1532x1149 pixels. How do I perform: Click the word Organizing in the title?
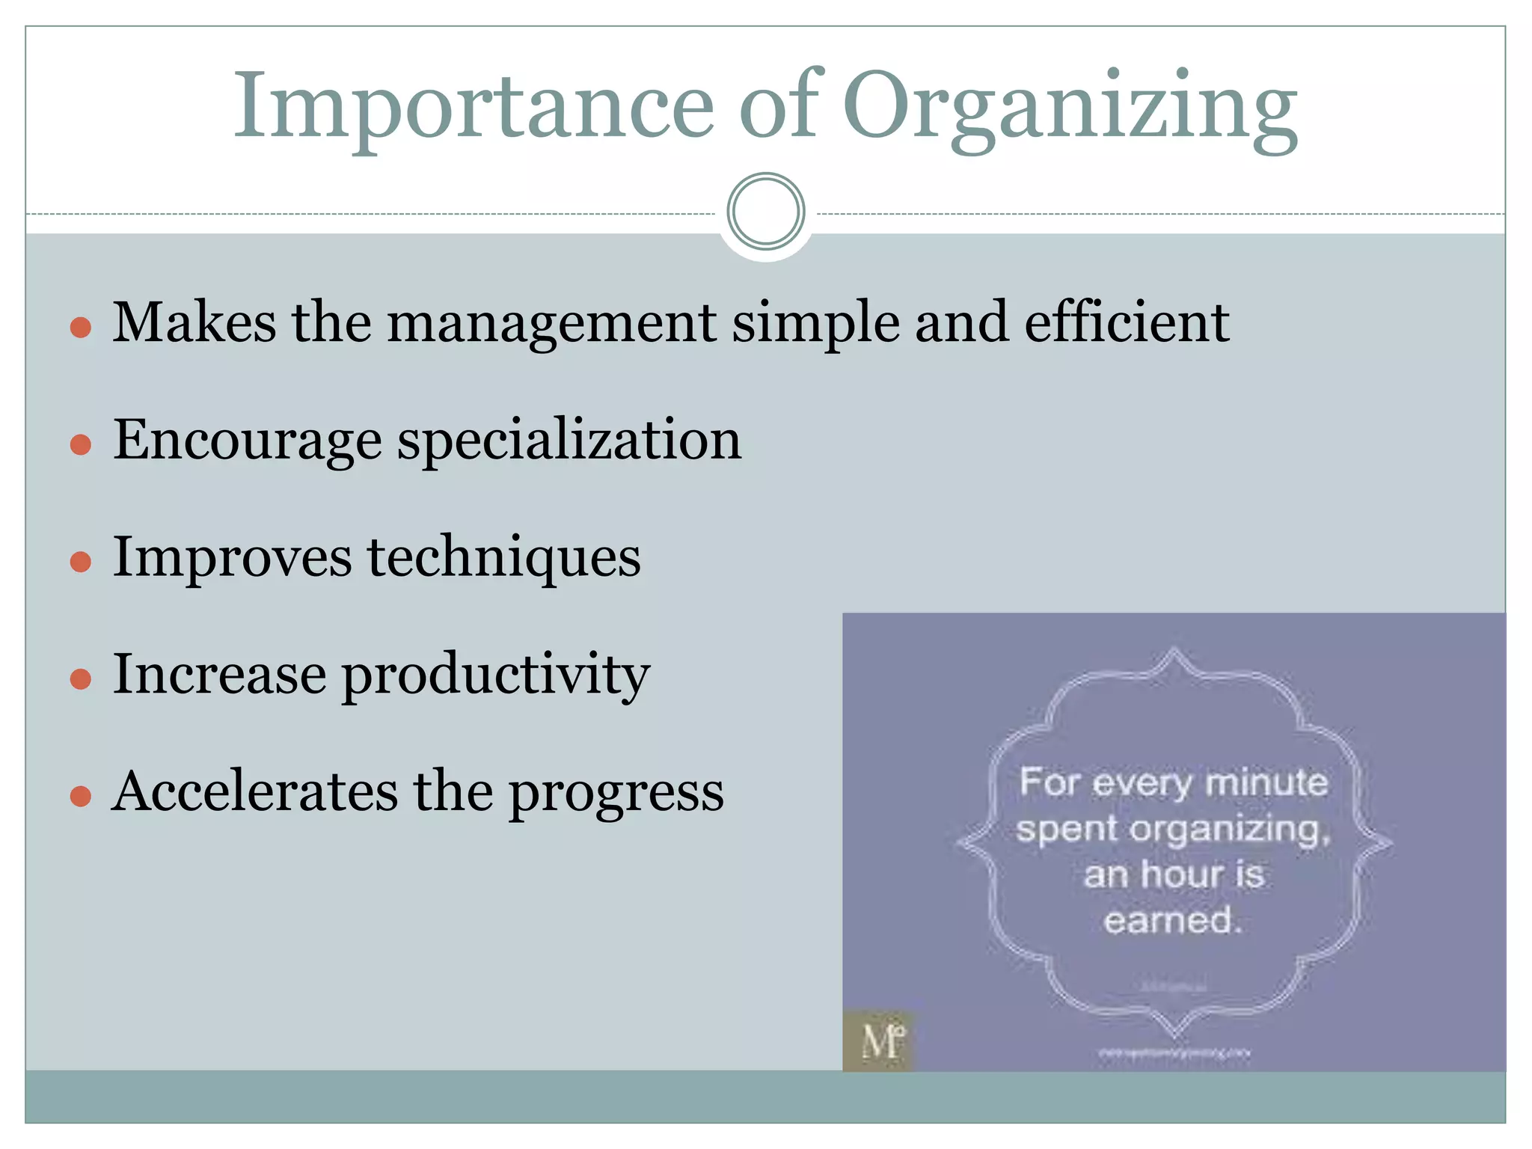(x=1070, y=106)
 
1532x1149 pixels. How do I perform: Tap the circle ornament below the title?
(x=765, y=212)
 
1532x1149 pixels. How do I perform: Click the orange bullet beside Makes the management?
(x=80, y=327)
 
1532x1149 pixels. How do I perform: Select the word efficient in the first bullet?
(x=1126, y=322)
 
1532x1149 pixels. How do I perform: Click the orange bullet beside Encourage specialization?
(x=80, y=444)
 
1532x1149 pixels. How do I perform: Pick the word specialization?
(x=569, y=441)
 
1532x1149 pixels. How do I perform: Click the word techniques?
(x=503, y=557)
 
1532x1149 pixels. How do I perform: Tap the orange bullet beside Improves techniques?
(x=80, y=561)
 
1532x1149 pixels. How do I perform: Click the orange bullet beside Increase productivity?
(x=80, y=678)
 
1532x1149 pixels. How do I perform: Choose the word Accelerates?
(x=255, y=791)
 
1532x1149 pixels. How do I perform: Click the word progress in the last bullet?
(x=616, y=793)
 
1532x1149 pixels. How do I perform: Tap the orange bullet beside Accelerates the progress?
(x=80, y=796)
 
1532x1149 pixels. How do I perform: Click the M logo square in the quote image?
(x=879, y=1041)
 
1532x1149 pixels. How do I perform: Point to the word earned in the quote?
(x=1169, y=920)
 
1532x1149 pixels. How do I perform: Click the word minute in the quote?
(x=1266, y=783)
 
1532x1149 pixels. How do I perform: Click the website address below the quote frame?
(x=1173, y=1053)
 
